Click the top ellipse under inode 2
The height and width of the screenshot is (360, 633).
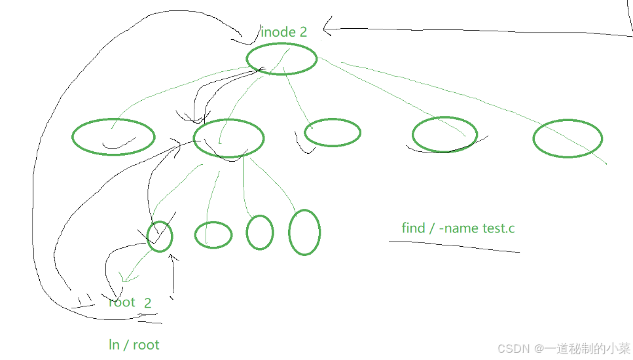tap(281, 59)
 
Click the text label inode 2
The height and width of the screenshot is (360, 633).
tap(283, 31)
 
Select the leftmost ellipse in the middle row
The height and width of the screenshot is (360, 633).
tap(113, 137)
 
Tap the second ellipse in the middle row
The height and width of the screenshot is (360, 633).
tap(228, 138)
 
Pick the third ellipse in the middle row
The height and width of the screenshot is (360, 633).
tap(333, 132)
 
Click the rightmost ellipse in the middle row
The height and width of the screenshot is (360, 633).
tap(568, 138)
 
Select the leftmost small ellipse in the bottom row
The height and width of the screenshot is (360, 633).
tap(160, 236)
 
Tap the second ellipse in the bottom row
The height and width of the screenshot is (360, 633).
tap(213, 234)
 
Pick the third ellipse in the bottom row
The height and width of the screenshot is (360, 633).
tap(260, 232)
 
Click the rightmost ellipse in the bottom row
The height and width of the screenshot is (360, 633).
tap(304, 232)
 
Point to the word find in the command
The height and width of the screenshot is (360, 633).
tap(413, 228)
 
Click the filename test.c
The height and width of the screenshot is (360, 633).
tap(499, 228)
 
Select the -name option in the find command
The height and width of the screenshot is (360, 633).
tap(458, 228)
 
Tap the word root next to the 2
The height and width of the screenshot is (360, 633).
tap(122, 302)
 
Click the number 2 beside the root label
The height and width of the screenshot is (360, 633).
tap(148, 302)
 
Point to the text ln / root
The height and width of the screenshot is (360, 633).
tap(134, 344)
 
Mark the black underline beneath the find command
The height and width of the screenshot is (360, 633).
tap(454, 245)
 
